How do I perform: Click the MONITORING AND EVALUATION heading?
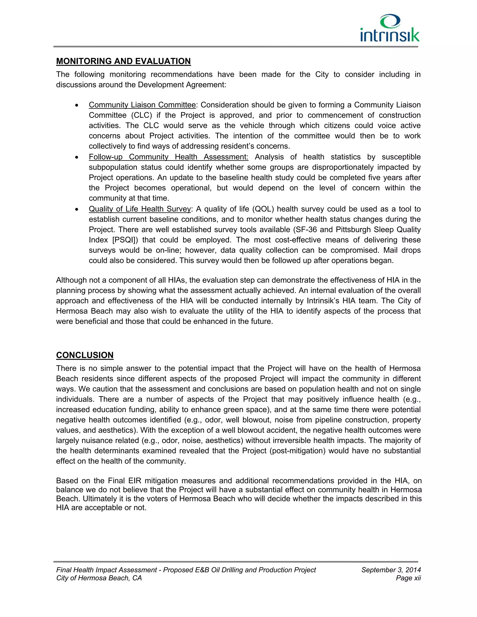click(123, 61)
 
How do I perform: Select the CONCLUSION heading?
click(85, 355)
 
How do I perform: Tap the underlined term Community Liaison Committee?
click(142, 105)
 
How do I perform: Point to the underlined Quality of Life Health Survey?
click(140, 209)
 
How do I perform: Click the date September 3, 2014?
click(391, 570)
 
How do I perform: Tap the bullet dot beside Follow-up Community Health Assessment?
click(77, 157)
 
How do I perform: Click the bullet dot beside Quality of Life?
click(77, 209)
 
